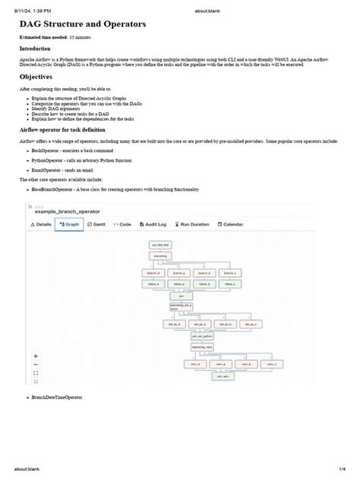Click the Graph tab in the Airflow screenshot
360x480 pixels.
pyautogui.click(x=68, y=225)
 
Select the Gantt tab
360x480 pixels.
pyautogui.click(x=97, y=225)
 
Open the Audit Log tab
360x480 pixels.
pyautogui.click(x=155, y=225)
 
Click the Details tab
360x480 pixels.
pyautogui.click(x=41, y=225)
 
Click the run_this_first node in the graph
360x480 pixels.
pyautogui.click(x=160, y=245)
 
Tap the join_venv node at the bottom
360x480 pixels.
pyautogui.click(x=223, y=376)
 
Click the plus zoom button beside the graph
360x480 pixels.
pyautogui.click(x=36, y=355)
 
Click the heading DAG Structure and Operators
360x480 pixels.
pyautogui.click(x=83, y=24)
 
